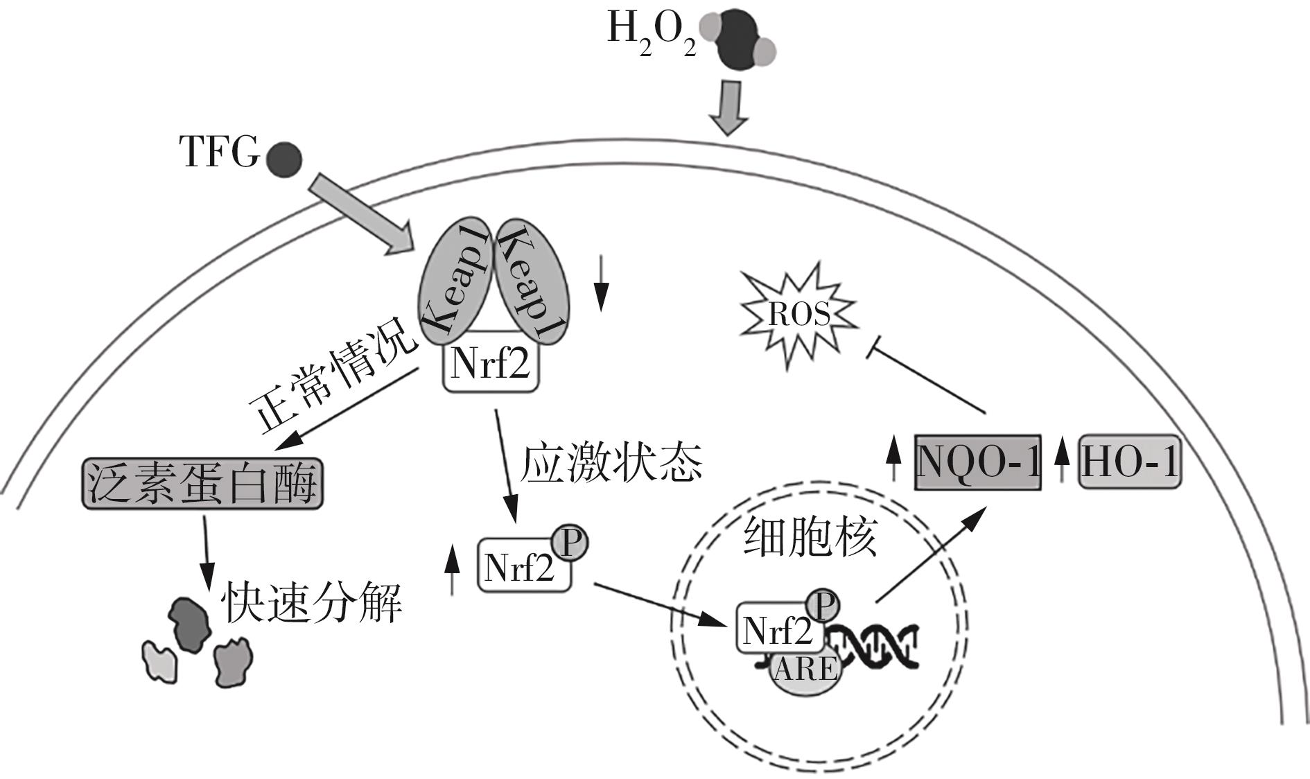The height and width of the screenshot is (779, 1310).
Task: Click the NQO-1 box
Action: point(978,462)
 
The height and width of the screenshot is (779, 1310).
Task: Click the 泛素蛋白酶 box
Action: point(202,483)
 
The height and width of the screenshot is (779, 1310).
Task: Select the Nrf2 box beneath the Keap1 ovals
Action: point(491,362)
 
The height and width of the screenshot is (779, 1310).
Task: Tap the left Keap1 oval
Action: point(454,282)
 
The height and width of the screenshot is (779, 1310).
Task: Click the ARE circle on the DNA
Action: point(804,671)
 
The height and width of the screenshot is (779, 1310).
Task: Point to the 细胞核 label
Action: point(810,537)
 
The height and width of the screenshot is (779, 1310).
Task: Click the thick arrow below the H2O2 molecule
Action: point(728,107)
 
